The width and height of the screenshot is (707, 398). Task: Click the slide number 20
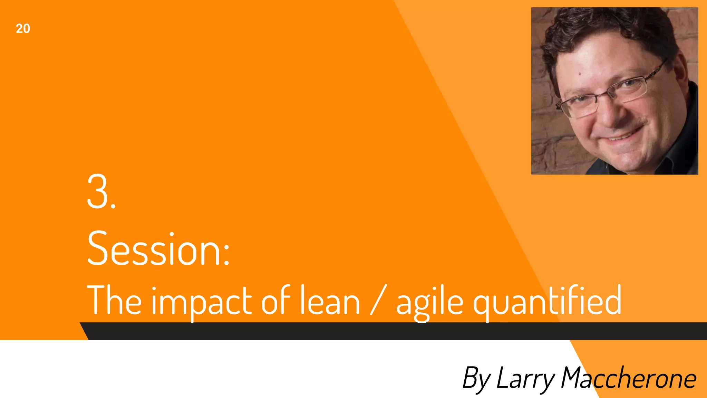pos(23,29)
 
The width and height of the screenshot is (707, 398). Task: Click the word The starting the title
pos(114,300)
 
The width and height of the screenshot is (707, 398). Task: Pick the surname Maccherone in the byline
pos(628,378)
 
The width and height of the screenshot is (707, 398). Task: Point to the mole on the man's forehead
pos(580,74)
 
